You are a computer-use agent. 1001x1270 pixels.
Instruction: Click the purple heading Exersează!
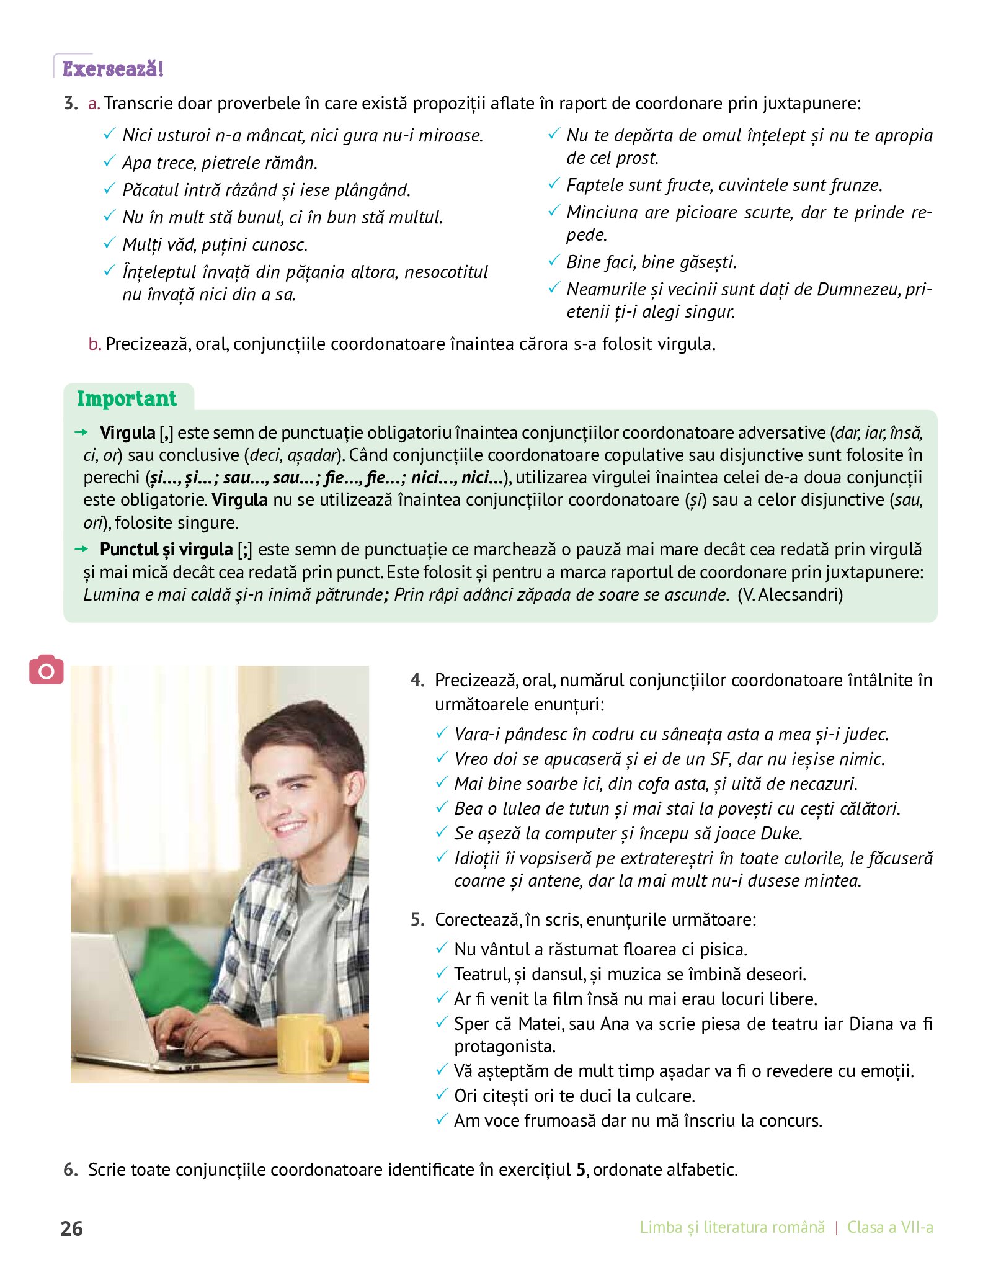tap(113, 69)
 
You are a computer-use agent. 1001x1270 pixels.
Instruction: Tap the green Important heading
tap(127, 398)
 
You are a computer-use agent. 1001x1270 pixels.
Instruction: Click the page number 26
tap(72, 1228)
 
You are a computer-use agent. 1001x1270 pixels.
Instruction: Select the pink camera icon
tap(47, 669)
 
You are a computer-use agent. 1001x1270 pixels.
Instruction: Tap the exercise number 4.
tap(417, 680)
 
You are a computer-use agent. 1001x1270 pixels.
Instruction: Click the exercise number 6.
tap(70, 1169)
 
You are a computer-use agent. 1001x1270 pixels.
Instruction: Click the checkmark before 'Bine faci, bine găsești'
tap(554, 261)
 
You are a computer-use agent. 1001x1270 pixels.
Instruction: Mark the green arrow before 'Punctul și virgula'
tap(81, 548)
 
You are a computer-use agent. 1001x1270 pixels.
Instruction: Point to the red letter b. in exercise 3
tap(94, 344)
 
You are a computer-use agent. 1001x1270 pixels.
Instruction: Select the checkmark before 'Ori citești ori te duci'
tap(442, 1094)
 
